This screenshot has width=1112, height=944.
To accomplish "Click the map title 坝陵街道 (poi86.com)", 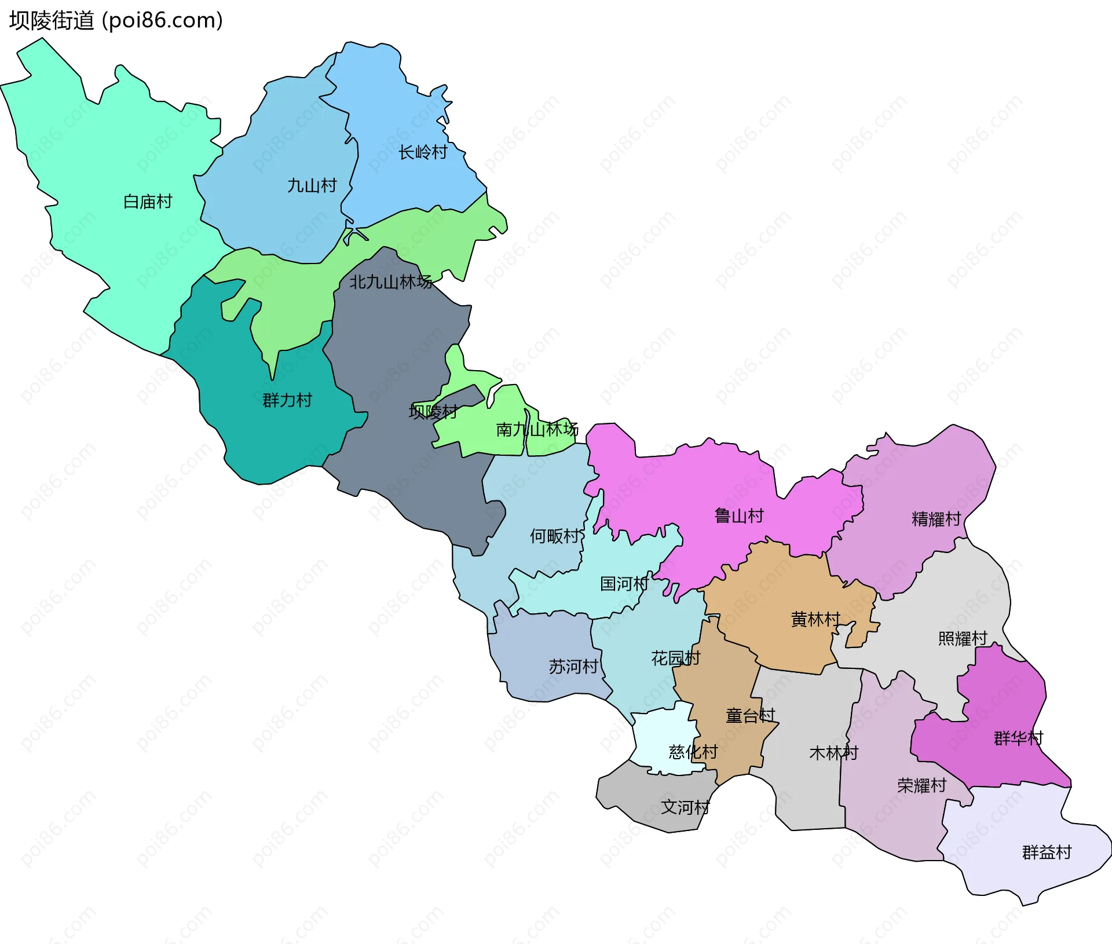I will [116, 21].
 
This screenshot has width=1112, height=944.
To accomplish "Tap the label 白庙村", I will [148, 202].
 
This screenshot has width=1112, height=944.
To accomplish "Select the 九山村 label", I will [312, 186].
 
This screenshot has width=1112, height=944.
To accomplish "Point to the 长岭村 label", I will [423, 153].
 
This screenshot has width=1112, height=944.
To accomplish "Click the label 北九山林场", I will [390, 282].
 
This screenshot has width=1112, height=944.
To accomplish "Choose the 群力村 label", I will [287, 400].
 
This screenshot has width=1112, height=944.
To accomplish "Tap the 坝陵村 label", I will [433, 412].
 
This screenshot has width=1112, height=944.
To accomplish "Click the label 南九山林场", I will [537, 430].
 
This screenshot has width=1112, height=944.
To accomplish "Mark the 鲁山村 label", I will [739, 516].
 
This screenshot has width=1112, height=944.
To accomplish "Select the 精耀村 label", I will [936, 519].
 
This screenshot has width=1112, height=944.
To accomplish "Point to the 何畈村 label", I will [554, 536].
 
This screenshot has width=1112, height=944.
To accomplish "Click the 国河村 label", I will [624, 584].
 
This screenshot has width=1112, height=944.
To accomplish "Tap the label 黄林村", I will [815, 620].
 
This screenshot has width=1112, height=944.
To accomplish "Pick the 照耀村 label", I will [963, 639].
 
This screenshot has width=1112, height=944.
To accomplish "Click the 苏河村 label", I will [573, 667].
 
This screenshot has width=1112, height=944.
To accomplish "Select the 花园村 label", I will [675, 658].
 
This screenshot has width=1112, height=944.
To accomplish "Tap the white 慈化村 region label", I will [693, 752].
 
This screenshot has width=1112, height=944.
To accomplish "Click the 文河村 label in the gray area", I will [686, 807].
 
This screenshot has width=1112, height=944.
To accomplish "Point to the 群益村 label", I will [1047, 852].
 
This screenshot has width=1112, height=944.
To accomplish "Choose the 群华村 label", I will [1018, 738].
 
